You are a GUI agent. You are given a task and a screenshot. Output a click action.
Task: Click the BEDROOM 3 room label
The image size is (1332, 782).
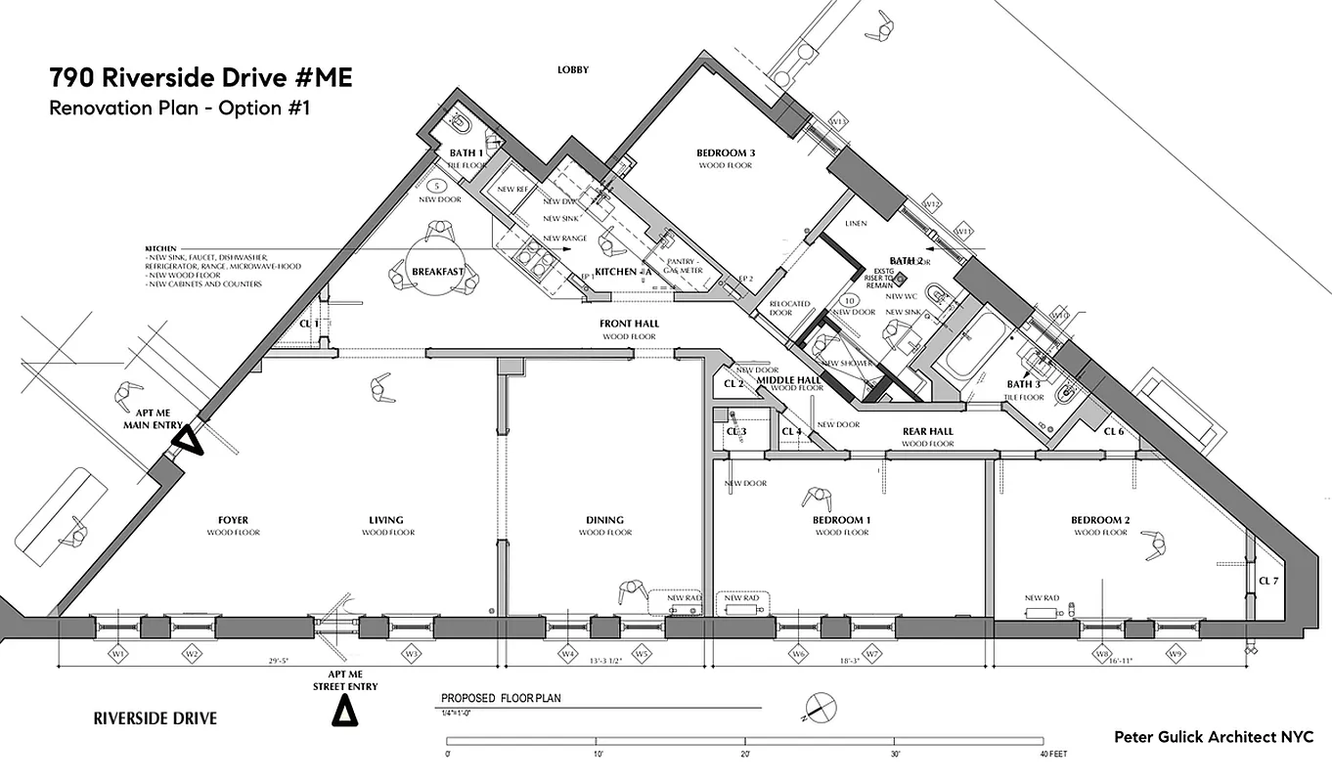click(x=726, y=153)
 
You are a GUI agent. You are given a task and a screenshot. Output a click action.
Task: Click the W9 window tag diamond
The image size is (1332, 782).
click(x=1173, y=652)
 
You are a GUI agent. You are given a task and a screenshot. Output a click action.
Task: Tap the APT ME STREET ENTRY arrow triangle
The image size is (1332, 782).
click(x=343, y=713)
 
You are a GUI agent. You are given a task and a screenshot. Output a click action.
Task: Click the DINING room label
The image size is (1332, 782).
click(x=605, y=520)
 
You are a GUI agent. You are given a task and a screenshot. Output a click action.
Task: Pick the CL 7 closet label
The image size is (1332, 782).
click(x=1268, y=581)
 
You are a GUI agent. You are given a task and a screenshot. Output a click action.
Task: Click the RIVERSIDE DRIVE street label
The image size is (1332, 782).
click(x=155, y=718)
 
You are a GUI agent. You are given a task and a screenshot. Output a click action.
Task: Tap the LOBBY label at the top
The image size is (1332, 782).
click(x=573, y=69)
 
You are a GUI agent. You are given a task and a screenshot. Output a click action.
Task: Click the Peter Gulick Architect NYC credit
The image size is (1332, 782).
click(x=1214, y=737)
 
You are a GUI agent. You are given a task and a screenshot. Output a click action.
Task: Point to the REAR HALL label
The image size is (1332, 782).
click(x=927, y=431)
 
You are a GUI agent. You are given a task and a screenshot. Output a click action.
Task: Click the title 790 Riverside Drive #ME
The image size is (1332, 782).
click(x=200, y=78)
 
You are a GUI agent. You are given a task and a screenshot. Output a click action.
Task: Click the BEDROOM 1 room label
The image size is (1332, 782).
click(x=841, y=520)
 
